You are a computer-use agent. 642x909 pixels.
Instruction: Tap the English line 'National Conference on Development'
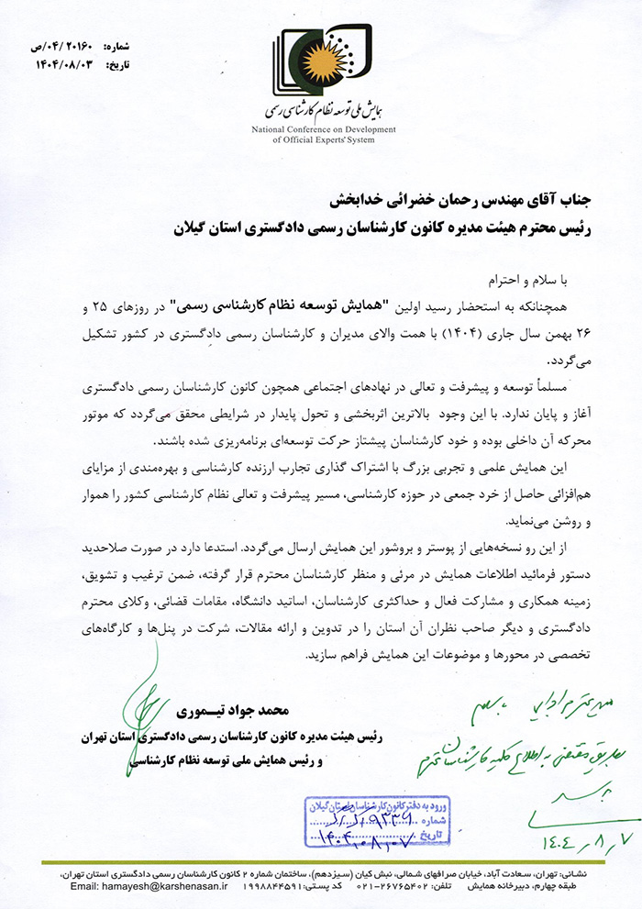324,131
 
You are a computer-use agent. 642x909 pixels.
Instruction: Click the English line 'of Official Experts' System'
324,141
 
